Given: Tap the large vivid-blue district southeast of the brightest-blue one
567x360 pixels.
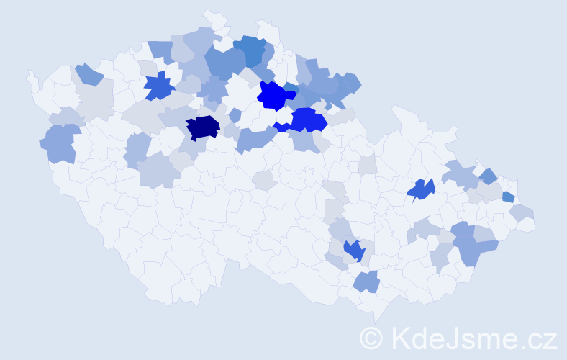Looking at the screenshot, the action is pos(308,120).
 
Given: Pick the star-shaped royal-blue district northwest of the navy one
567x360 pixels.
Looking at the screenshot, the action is pos(159,86).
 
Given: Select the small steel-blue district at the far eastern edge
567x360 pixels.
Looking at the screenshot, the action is pos(508,197).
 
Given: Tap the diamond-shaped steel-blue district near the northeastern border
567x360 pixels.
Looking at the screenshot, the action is pos(488,176).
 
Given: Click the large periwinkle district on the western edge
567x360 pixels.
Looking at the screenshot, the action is pos(61,143).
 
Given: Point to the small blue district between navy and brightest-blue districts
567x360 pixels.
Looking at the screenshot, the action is pos(235,114).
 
